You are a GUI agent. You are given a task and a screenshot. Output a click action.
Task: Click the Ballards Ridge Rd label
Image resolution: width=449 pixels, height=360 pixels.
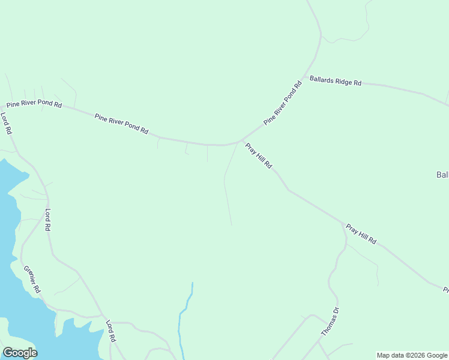(x=336, y=81)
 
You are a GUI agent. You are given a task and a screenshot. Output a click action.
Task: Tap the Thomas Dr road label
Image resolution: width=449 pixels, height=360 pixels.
(x=330, y=321)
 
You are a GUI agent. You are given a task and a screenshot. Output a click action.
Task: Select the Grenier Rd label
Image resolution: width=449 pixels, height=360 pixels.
(x=32, y=280)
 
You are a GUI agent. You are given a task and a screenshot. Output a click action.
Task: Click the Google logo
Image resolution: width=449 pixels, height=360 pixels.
(x=20, y=353)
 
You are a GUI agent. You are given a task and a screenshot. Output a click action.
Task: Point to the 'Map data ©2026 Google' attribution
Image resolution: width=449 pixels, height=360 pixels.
(x=412, y=355)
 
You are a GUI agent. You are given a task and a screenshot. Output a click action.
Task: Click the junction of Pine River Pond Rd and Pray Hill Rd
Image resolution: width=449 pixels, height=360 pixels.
(x=242, y=140)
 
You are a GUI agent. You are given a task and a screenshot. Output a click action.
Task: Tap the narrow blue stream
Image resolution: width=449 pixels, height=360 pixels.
(x=184, y=318)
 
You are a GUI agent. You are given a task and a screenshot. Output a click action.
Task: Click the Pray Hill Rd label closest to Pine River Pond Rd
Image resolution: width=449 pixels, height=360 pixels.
(x=259, y=155)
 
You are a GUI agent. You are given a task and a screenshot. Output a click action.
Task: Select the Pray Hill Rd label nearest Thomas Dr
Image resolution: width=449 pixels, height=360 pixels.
(x=361, y=233)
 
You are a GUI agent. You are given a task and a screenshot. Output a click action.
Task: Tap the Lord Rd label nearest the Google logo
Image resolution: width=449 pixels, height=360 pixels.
(x=110, y=331)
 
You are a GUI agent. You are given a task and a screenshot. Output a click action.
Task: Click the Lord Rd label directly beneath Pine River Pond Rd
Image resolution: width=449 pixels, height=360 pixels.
(x=6, y=123)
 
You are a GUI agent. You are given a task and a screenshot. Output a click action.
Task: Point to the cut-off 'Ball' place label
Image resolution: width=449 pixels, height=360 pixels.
(x=442, y=175)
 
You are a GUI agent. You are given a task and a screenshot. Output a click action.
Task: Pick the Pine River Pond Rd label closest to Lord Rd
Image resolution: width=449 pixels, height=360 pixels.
(x=33, y=104)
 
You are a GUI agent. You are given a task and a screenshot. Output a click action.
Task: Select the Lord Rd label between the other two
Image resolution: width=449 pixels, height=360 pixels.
(x=48, y=220)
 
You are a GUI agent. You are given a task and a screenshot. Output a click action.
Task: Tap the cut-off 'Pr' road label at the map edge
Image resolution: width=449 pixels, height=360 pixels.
(x=445, y=290)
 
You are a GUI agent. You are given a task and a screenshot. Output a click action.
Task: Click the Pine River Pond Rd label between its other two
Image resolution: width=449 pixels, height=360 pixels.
(x=121, y=123)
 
